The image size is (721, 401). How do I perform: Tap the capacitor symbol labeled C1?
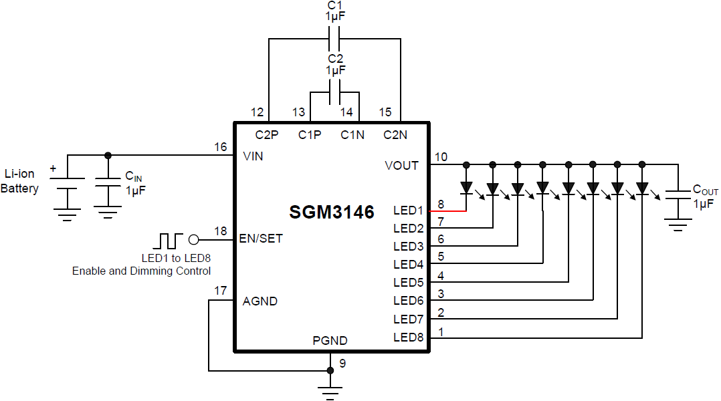334,39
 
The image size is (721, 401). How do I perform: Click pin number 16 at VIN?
220,146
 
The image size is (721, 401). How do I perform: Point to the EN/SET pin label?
262,239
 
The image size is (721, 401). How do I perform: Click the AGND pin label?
260,301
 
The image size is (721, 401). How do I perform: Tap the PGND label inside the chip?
330,341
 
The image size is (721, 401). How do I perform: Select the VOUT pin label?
401,166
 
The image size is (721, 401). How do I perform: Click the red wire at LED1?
448,211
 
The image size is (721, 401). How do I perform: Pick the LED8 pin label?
408,338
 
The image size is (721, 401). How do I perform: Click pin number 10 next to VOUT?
441,157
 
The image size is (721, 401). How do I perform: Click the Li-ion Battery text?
19,181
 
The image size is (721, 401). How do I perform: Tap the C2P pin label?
267,135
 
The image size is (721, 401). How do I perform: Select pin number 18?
221,231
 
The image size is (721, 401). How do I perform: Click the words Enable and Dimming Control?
141,271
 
